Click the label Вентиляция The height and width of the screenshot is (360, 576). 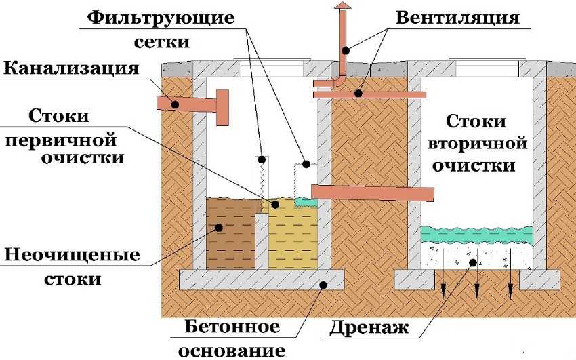[457, 17]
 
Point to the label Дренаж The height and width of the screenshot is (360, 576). [370, 329]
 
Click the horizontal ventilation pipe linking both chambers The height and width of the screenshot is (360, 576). [369, 94]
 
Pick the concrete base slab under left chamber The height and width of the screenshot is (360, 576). [260, 277]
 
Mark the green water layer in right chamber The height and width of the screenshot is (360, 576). [476, 233]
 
